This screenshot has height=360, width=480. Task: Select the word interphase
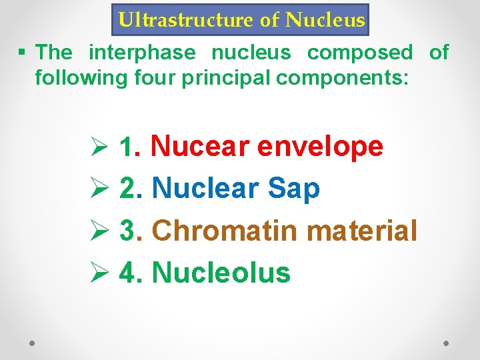click(142, 52)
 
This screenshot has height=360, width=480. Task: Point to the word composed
click(360, 52)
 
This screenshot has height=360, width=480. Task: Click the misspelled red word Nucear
click(201, 146)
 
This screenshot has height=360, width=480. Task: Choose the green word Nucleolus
click(221, 273)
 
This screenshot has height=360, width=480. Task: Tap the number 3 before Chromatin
click(128, 231)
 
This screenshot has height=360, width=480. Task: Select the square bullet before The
click(23, 53)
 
